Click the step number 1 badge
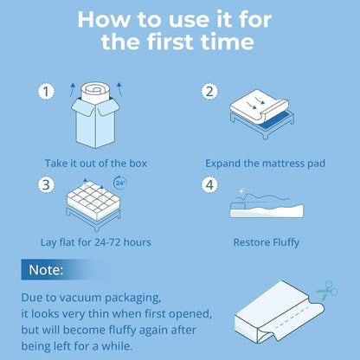click(x=46, y=91)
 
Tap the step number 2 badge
click(x=209, y=91)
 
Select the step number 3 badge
click(x=46, y=184)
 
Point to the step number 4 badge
click(x=209, y=184)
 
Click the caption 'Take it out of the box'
click(x=96, y=163)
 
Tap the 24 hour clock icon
click(x=120, y=183)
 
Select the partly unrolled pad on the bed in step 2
click(x=262, y=110)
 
